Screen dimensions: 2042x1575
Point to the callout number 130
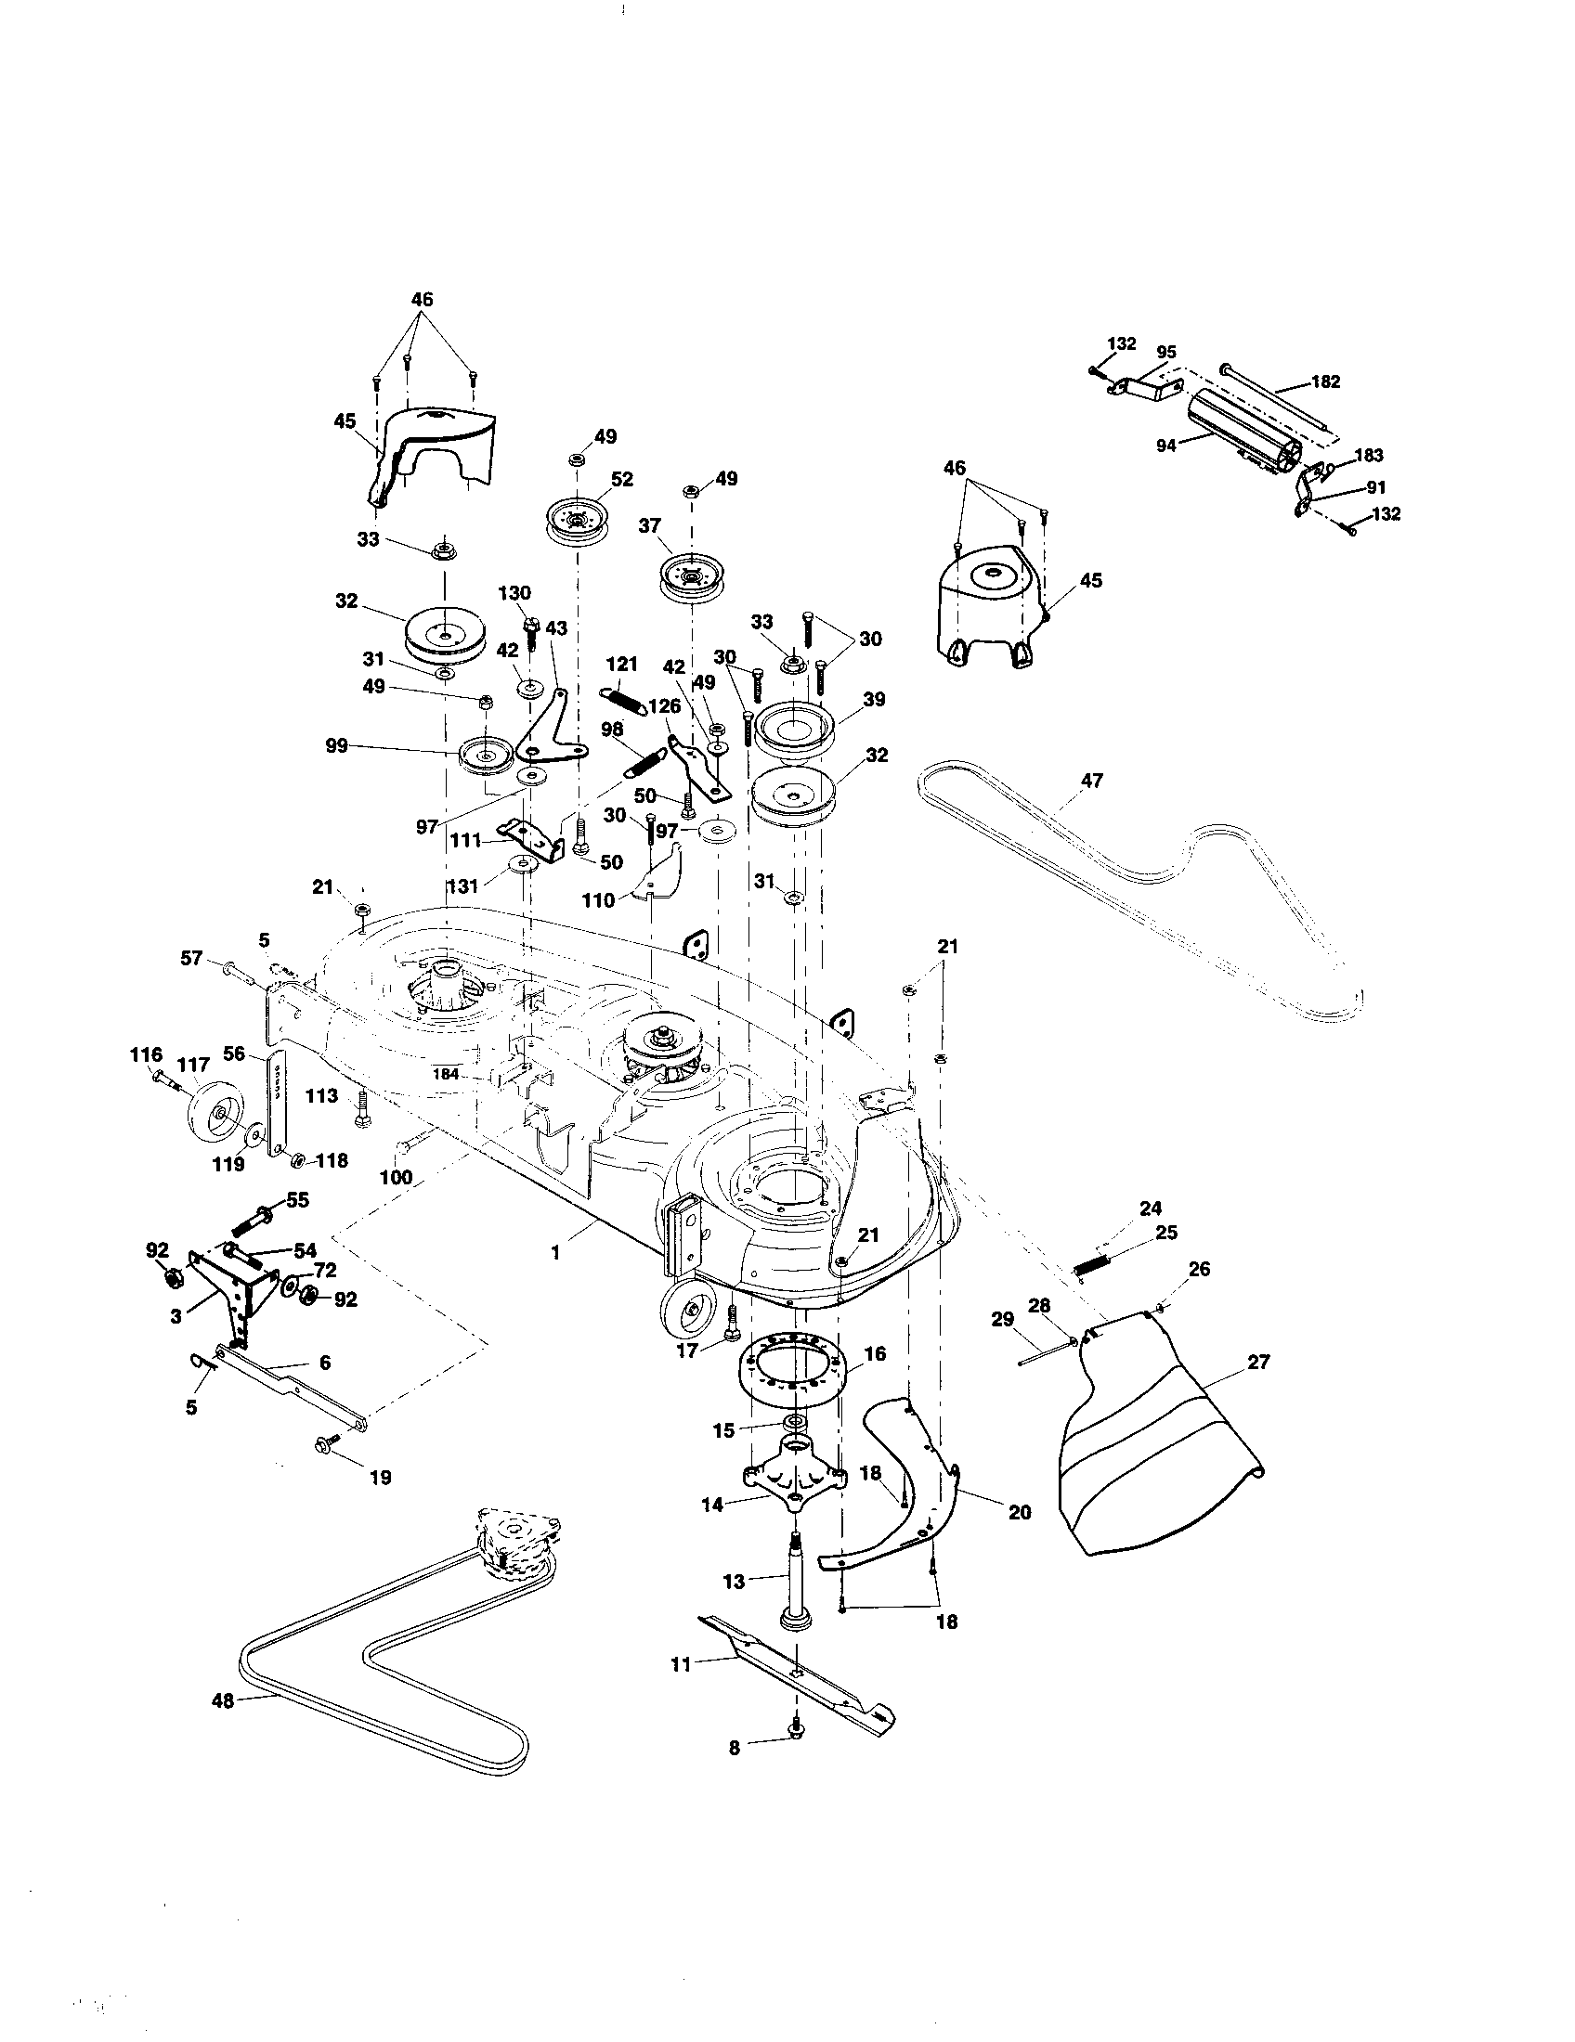pos(514,593)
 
